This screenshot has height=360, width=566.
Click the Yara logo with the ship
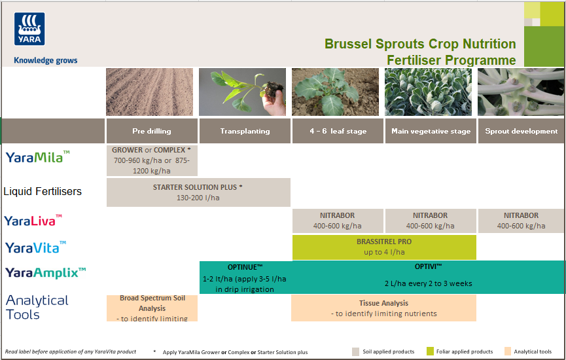click(x=29, y=29)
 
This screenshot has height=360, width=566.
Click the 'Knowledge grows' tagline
click(x=46, y=61)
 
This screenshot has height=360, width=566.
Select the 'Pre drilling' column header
click(x=151, y=131)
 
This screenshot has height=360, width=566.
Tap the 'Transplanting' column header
click(x=245, y=131)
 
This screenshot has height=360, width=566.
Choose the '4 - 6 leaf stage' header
click(x=338, y=131)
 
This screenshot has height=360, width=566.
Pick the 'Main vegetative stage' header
click(x=431, y=131)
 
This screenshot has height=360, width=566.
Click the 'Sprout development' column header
click(x=521, y=131)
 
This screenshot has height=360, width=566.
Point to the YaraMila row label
click(x=37, y=157)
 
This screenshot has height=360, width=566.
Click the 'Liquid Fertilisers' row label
click(x=43, y=192)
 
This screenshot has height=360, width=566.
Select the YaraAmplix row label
click(x=46, y=272)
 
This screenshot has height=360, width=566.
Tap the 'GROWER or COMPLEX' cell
click(x=151, y=160)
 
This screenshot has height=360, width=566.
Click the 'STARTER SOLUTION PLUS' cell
click(x=198, y=192)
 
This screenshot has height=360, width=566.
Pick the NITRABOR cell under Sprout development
click(x=521, y=221)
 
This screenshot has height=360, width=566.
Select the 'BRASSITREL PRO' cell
click(x=384, y=247)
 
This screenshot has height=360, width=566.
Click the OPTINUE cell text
click(x=245, y=278)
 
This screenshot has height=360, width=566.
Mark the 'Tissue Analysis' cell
click(x=383, y=308)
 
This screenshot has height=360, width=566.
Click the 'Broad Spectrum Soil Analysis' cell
click(x=152, y=308)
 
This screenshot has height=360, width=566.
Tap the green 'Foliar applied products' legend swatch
click(x=431, y=351)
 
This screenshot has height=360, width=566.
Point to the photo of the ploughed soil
click(x=150, y=92)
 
